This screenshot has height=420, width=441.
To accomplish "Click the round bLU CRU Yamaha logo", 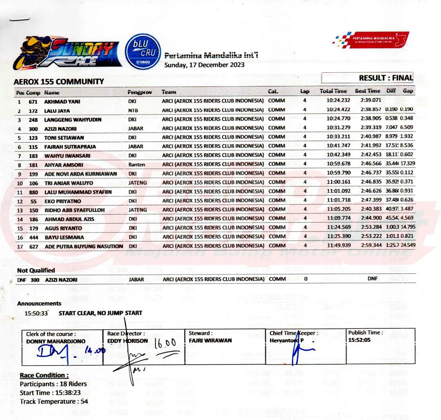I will click(142, 52).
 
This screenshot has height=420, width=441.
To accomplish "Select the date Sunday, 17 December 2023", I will click(204, 65).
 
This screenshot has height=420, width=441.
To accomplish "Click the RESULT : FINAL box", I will click(367, 78).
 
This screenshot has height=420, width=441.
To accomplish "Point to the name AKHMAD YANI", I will click(62, 102).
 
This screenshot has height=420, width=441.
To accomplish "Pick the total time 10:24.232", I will click(338, 100).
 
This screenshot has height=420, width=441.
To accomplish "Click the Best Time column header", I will click(367, 91).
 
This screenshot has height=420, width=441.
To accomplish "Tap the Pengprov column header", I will click(139, 92).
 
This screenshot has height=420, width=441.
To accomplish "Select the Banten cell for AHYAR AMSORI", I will click(137, 165).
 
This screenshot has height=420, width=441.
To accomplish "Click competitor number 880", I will click(33, 192).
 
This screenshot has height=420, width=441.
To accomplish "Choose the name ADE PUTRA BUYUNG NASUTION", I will click(84, 246).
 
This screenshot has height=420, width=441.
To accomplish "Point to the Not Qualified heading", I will click(36, 270).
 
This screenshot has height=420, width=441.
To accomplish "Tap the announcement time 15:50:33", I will click(36, 313).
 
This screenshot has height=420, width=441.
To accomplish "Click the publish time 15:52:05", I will click(359, 340).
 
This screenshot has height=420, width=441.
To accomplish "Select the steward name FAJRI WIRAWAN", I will click(210, 340).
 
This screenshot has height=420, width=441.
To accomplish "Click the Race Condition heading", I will click(44, 375).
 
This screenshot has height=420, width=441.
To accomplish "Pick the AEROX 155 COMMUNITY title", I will click(59, 82).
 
